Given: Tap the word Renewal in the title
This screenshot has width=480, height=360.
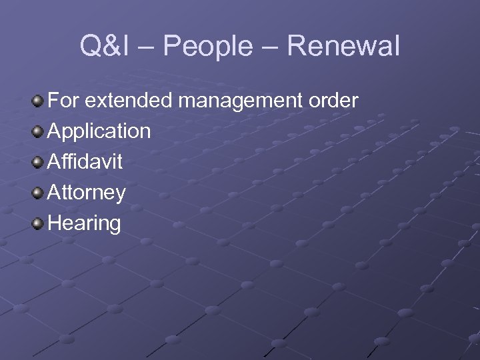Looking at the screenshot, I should tap(345, 47).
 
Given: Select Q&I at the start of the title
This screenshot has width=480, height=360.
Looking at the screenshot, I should tap(101, 47).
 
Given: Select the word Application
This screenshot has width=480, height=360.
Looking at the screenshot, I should tap(99, 131).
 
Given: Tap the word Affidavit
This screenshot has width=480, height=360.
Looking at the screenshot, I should tap(85, 161).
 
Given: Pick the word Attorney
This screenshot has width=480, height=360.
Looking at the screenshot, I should tap(87, 193).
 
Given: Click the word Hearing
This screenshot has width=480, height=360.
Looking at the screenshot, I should tap(84, 223).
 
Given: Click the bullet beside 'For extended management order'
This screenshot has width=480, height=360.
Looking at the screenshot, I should tap(39, 101).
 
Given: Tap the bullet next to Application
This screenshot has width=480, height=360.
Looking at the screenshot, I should tap(39, 131).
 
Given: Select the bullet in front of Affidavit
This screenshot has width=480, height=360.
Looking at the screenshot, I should tap(39, 161).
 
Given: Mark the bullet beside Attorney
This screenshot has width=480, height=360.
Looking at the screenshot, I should tap(39, 192).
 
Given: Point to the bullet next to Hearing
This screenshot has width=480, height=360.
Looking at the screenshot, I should tap(39, 223).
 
